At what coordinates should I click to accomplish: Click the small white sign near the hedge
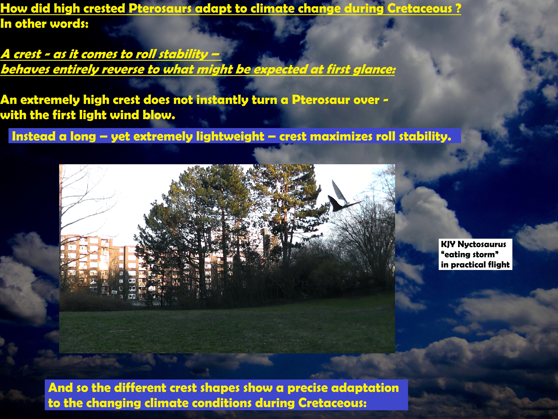point(114,292)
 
